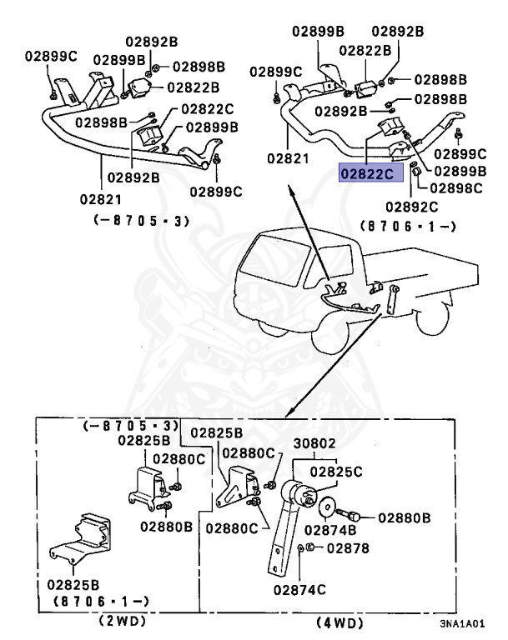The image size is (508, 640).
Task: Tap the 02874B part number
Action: click(329, 528)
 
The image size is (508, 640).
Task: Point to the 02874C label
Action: click(294, 589)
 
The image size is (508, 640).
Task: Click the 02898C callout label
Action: click(457, 188)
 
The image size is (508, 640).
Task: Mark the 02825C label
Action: click(335, 472)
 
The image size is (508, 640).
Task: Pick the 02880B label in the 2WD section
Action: click(167, 527)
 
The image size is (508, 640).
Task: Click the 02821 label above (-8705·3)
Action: click(102, 199)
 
